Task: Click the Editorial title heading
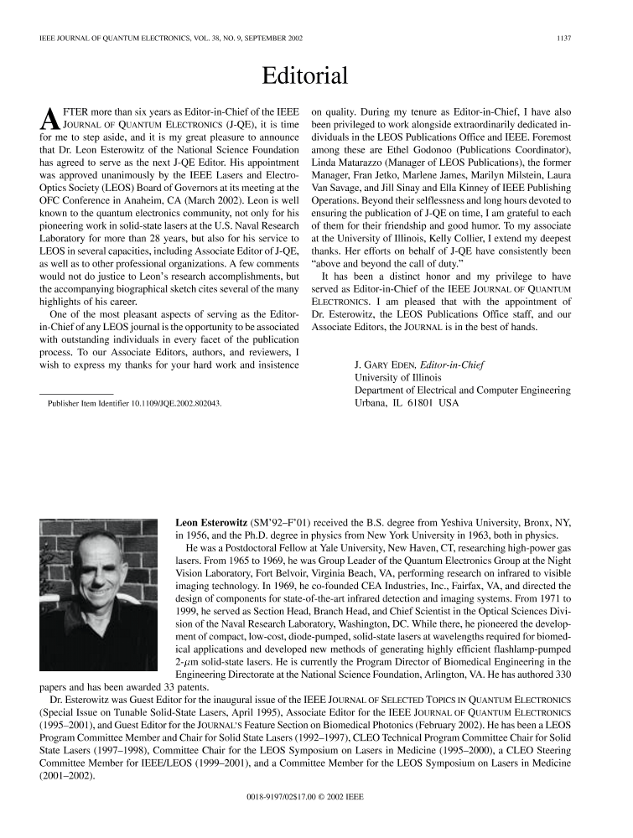pyautogui.click(x=304, y=76)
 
